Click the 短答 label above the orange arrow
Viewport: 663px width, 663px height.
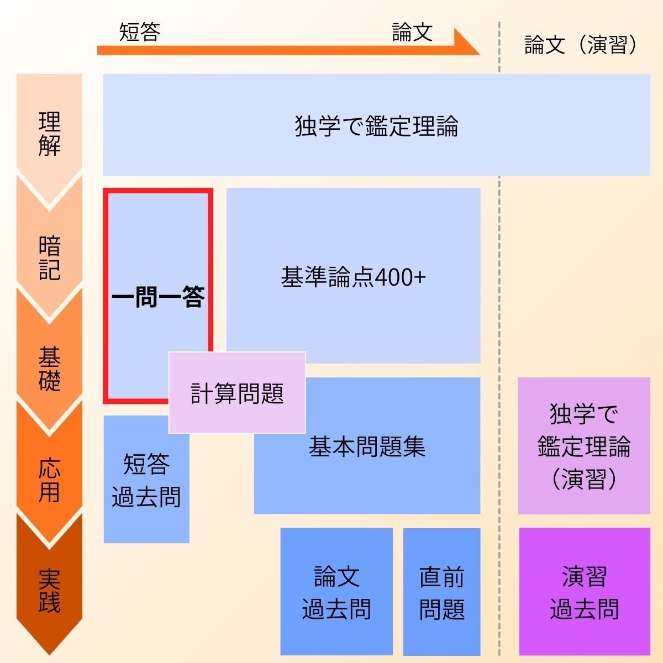click(x=140, y=33)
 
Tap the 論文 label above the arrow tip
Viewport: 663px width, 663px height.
click(x=412, y=33)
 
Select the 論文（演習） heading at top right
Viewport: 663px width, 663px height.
click(x=581, y=45)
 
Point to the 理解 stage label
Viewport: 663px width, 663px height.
click(x=49, y=134)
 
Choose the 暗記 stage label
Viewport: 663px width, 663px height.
click(x=49, y=258)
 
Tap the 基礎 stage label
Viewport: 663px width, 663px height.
click(x=49, y=369)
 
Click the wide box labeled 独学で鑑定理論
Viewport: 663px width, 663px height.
click(x=376, y=125)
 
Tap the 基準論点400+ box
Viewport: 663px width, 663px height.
click(x=353, y=276)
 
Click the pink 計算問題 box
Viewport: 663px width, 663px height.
click(x=237, y=393)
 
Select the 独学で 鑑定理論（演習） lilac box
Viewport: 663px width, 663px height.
click(x=584, y=446)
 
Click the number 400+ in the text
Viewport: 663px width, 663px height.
click(x=401, y=277)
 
